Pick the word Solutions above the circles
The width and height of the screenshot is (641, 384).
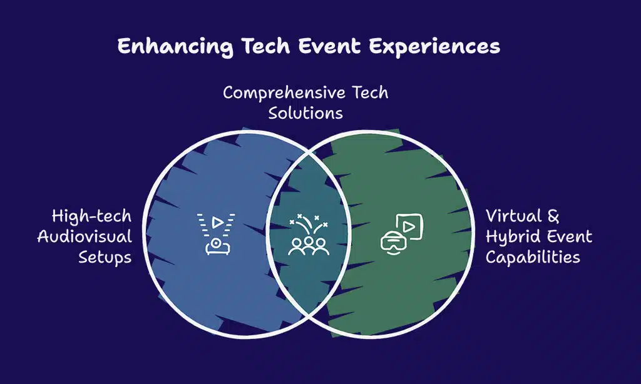(305, 114)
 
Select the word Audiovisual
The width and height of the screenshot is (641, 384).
(85, 237)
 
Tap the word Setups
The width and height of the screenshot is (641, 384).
(105, 257)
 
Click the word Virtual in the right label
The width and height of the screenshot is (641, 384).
(513, 216)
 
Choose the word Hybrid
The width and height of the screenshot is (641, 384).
(512, 237)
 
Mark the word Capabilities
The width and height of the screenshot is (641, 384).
(533, 257)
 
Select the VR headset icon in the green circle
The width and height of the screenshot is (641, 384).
(392, 242)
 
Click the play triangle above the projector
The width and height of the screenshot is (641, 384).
(217, 221)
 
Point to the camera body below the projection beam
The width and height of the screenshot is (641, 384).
(217, 246)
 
